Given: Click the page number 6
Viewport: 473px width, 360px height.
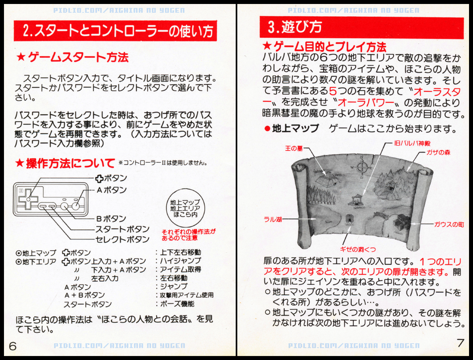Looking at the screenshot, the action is tap(12, 346).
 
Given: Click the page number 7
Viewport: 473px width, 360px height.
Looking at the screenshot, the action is tap(460, 343).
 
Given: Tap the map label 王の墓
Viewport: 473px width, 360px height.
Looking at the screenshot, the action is tap(294, 148).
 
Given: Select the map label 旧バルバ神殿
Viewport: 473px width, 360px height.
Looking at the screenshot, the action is tap(412, 143).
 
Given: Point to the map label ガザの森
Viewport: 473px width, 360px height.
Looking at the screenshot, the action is tap(438, 152).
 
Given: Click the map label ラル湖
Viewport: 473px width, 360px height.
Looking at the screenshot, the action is tap(273, 219).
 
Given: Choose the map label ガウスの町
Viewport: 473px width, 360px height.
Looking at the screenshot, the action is tap(449, 224).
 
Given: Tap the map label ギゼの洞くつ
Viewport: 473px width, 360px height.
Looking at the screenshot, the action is tap(358, 249).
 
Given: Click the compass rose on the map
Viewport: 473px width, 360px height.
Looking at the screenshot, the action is tap(361, 167).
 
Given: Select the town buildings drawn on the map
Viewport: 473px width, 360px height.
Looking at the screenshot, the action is tap(401, 223).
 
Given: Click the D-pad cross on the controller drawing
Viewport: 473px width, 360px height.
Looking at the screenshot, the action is tap(28, 199).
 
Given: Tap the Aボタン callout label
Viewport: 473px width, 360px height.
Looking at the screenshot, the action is tap(111, 190).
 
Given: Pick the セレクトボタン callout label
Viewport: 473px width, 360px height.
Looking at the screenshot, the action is tap(122, 239).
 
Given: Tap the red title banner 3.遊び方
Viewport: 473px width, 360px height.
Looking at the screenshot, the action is tap(361, 27).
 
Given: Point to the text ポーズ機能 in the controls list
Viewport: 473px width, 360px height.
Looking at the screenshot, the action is tap(177, 304).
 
